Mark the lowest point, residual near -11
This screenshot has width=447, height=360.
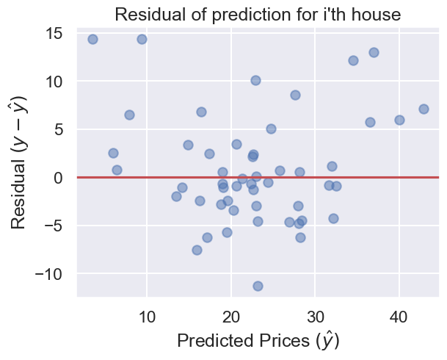point(258,286)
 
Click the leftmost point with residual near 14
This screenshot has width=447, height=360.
point(92,39)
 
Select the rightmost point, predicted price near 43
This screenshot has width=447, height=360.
point(424,109)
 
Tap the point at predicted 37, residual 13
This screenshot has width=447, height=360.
point(374,52)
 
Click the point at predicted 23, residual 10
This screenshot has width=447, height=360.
point(255,80)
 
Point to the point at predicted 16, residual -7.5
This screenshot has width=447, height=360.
point(197,250)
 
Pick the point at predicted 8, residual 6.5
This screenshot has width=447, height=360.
point(129,115)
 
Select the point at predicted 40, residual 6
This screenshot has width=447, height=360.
point(399,120)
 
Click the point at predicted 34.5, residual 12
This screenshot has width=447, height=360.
point(353,60)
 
